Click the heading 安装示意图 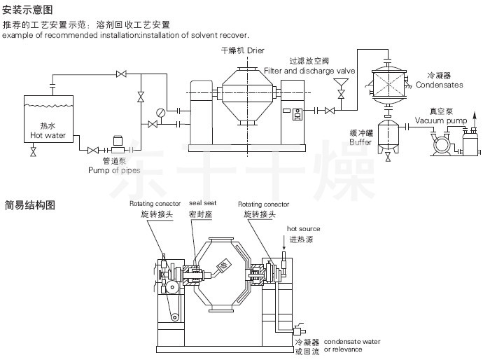27,9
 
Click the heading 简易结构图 27,205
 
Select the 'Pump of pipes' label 114,170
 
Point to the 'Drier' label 255,52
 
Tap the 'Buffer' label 360,141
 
